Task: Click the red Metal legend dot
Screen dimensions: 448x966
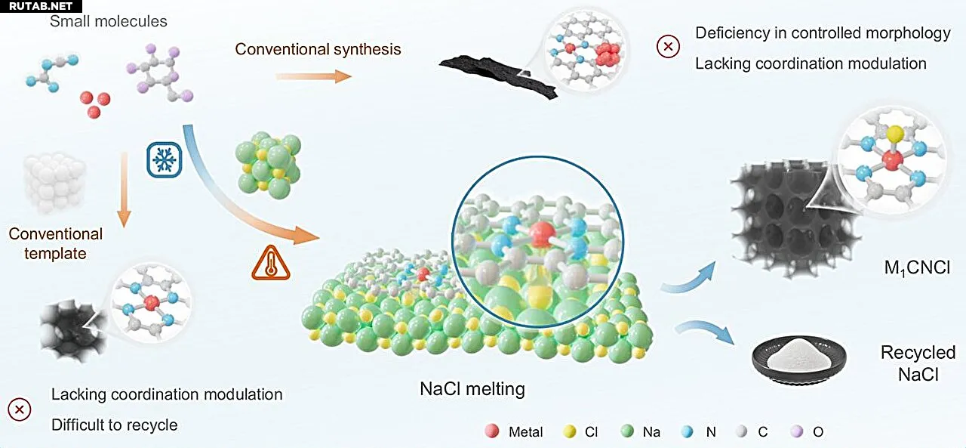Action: coord(492,431)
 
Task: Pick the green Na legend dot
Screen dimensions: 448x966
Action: coord(626,431)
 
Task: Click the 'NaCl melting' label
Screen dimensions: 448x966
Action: coord(472,390)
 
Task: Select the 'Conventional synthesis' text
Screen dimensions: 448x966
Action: coord(318,49)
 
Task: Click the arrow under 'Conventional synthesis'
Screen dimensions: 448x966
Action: coord(313,76)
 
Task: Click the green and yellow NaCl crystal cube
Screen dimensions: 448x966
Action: coord(268,163)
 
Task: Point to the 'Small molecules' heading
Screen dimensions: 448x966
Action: coord(109,20)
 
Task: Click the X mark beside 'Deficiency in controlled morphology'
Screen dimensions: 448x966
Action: coord(668,48)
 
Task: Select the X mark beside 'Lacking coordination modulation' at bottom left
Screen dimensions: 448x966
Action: coord(20,409)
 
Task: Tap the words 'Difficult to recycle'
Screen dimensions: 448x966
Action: coord(115,425)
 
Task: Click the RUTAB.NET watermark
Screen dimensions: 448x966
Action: coord(36,6)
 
